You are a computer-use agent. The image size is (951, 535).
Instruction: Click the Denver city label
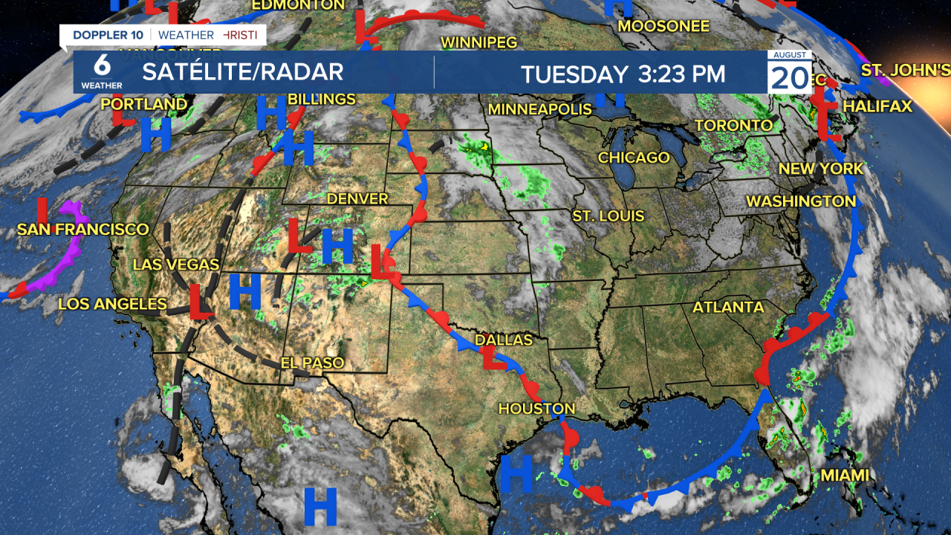(357, 198)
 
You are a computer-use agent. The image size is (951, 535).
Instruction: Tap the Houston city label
(536, 409)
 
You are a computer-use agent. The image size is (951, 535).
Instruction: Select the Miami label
(845, 475)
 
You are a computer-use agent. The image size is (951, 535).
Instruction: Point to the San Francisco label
(83, 230)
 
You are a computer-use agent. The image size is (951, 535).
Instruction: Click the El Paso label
(312, 363)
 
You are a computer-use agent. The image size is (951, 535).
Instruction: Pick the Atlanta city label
(728, 307)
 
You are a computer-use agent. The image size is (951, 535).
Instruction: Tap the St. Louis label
(608, 216)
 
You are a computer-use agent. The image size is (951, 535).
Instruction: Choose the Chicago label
(634, 158)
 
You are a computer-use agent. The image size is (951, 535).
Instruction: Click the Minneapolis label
(539, 109)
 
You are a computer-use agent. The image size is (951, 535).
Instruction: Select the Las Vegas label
(176, 265)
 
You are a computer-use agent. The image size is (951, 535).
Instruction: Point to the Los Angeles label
(112, 303)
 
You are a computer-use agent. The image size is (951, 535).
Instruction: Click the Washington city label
(801, 201)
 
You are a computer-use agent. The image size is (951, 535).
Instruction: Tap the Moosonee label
(663, 26)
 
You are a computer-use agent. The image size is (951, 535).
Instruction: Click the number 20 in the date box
(788, 77)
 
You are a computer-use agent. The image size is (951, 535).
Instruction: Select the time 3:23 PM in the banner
(681, 74)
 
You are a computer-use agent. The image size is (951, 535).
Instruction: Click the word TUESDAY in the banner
(574, 74)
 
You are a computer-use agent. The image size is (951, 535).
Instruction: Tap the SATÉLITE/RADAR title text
(243, 72)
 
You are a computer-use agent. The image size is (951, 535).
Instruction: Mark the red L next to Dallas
(492, 359)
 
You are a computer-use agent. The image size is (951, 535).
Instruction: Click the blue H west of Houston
(516, 473)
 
